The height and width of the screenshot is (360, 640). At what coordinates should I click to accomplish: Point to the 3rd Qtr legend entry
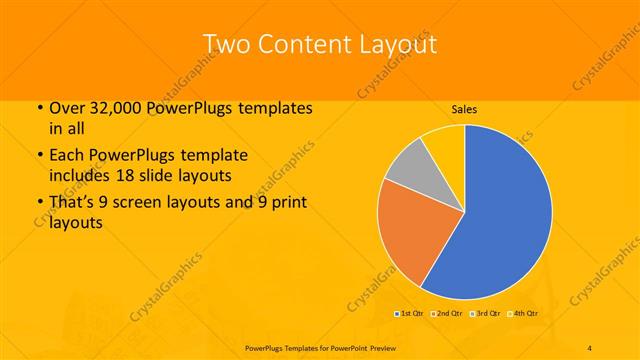pos(485,314)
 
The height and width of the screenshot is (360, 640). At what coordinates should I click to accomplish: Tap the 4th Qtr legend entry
pos(523,314)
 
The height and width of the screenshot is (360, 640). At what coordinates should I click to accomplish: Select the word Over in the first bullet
pos(66,108)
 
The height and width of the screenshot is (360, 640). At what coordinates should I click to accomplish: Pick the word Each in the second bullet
pos(66,157)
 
